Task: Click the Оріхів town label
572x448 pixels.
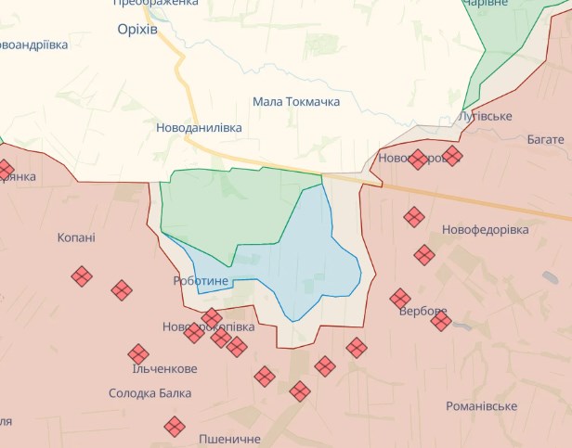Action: tap(137, 30)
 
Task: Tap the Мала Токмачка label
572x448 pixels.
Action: tap(296, 102)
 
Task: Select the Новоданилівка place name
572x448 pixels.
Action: tap(199, 127)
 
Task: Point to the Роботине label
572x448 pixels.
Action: tap(201, 280)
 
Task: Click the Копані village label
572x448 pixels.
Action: tap(76, 237)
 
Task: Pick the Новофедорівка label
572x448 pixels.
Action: tap(485, 229)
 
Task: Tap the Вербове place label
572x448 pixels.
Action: tap(422, 311)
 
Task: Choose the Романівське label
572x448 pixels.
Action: tap(481, 406)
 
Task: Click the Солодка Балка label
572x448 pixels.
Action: tap(150, 393)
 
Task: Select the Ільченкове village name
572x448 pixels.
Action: tap(165, 367)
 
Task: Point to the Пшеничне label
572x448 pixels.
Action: tap(229, 438)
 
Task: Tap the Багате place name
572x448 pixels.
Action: tap(545, 139)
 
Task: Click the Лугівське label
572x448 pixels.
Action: tap(486, 116)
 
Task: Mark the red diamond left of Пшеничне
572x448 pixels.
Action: tap(175, 427)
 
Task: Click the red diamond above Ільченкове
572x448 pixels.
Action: tap(139, 353)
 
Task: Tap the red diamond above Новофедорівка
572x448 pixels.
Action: tap(414, 217)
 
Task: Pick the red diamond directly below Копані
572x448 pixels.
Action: tap(82, 275)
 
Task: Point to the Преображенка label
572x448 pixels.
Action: tap(156, 3)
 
